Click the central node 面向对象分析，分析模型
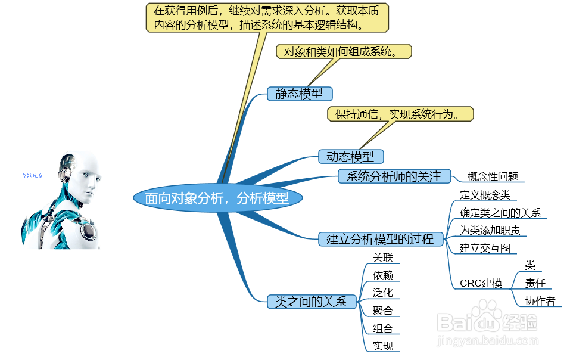click(217, 198)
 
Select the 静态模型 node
click(299, 94)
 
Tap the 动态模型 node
click(350, 157)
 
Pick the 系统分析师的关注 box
click(393, 176)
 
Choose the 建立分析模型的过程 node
click(380, 239)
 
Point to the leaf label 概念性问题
click(493, 176)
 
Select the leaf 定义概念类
click(485, 195)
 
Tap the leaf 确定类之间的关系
click(500, 213)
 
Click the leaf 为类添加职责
click(490, 230)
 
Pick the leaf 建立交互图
click(484, 248)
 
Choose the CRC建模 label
click(481, 283)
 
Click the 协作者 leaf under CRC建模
click(540, 301)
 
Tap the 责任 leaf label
click(535, 283)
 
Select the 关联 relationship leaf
click(382, 257)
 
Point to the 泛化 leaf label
click(382, 293)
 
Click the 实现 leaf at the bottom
click(382, 346)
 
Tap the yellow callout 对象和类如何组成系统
click(344, 51)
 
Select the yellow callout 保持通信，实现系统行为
click(400, 114)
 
